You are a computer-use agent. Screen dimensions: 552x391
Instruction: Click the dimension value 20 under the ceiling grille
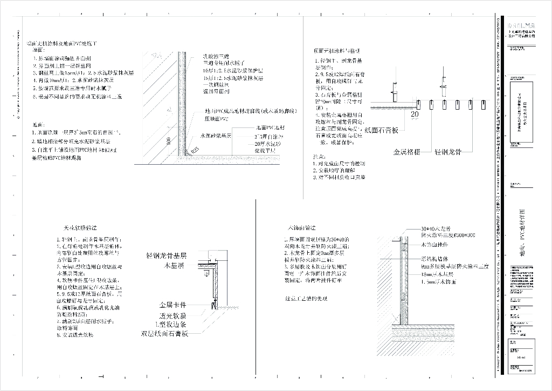(x=415, y=114)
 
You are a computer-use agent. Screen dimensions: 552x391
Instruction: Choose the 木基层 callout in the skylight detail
(x=175, y=266)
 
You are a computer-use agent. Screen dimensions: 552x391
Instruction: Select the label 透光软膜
(x=172, y=315)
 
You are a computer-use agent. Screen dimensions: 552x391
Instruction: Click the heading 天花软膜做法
(x=81, y=229)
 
